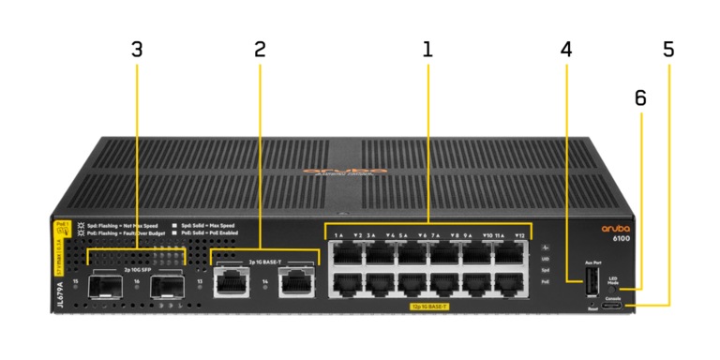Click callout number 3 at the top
tap(137, 50)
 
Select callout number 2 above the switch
tap(260, 50)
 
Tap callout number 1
tap(427, 50)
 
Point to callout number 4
tap(565, 50)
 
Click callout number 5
tap(667, 50)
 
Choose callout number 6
tap(640, 98)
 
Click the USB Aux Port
tap(592, 282)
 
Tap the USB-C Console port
tap(612, 306)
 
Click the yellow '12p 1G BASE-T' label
tap(427, 307)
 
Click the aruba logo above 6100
tap(619, 228)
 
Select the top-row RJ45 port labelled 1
tap(346, 250)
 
